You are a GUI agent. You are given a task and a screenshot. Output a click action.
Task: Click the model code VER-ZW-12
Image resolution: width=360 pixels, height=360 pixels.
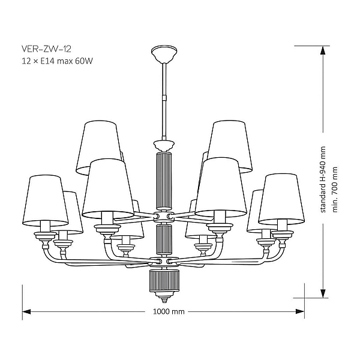coord(46,49)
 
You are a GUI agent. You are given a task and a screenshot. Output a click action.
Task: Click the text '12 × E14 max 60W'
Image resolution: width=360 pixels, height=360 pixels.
coord(58,61)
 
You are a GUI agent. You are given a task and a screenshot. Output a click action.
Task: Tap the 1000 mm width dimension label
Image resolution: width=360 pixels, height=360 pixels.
coord(169,311)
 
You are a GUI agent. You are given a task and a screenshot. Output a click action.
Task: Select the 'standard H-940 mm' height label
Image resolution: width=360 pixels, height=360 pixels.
coord(323,179)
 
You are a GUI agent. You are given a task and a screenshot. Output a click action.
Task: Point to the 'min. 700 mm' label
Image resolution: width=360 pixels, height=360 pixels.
coord(335,190)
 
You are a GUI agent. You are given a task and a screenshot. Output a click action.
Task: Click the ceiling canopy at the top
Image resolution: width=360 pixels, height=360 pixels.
coord(164,54)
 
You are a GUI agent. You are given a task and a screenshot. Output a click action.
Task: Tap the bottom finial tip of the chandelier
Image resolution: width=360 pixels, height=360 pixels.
coord(164,301)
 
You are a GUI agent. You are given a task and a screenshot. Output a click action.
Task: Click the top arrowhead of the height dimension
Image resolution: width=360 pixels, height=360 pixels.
coord(323,50)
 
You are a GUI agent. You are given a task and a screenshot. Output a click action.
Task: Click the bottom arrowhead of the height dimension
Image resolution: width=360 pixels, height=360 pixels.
coord(323,293)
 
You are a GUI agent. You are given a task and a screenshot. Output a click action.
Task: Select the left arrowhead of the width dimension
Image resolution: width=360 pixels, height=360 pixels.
coord(26,311)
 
